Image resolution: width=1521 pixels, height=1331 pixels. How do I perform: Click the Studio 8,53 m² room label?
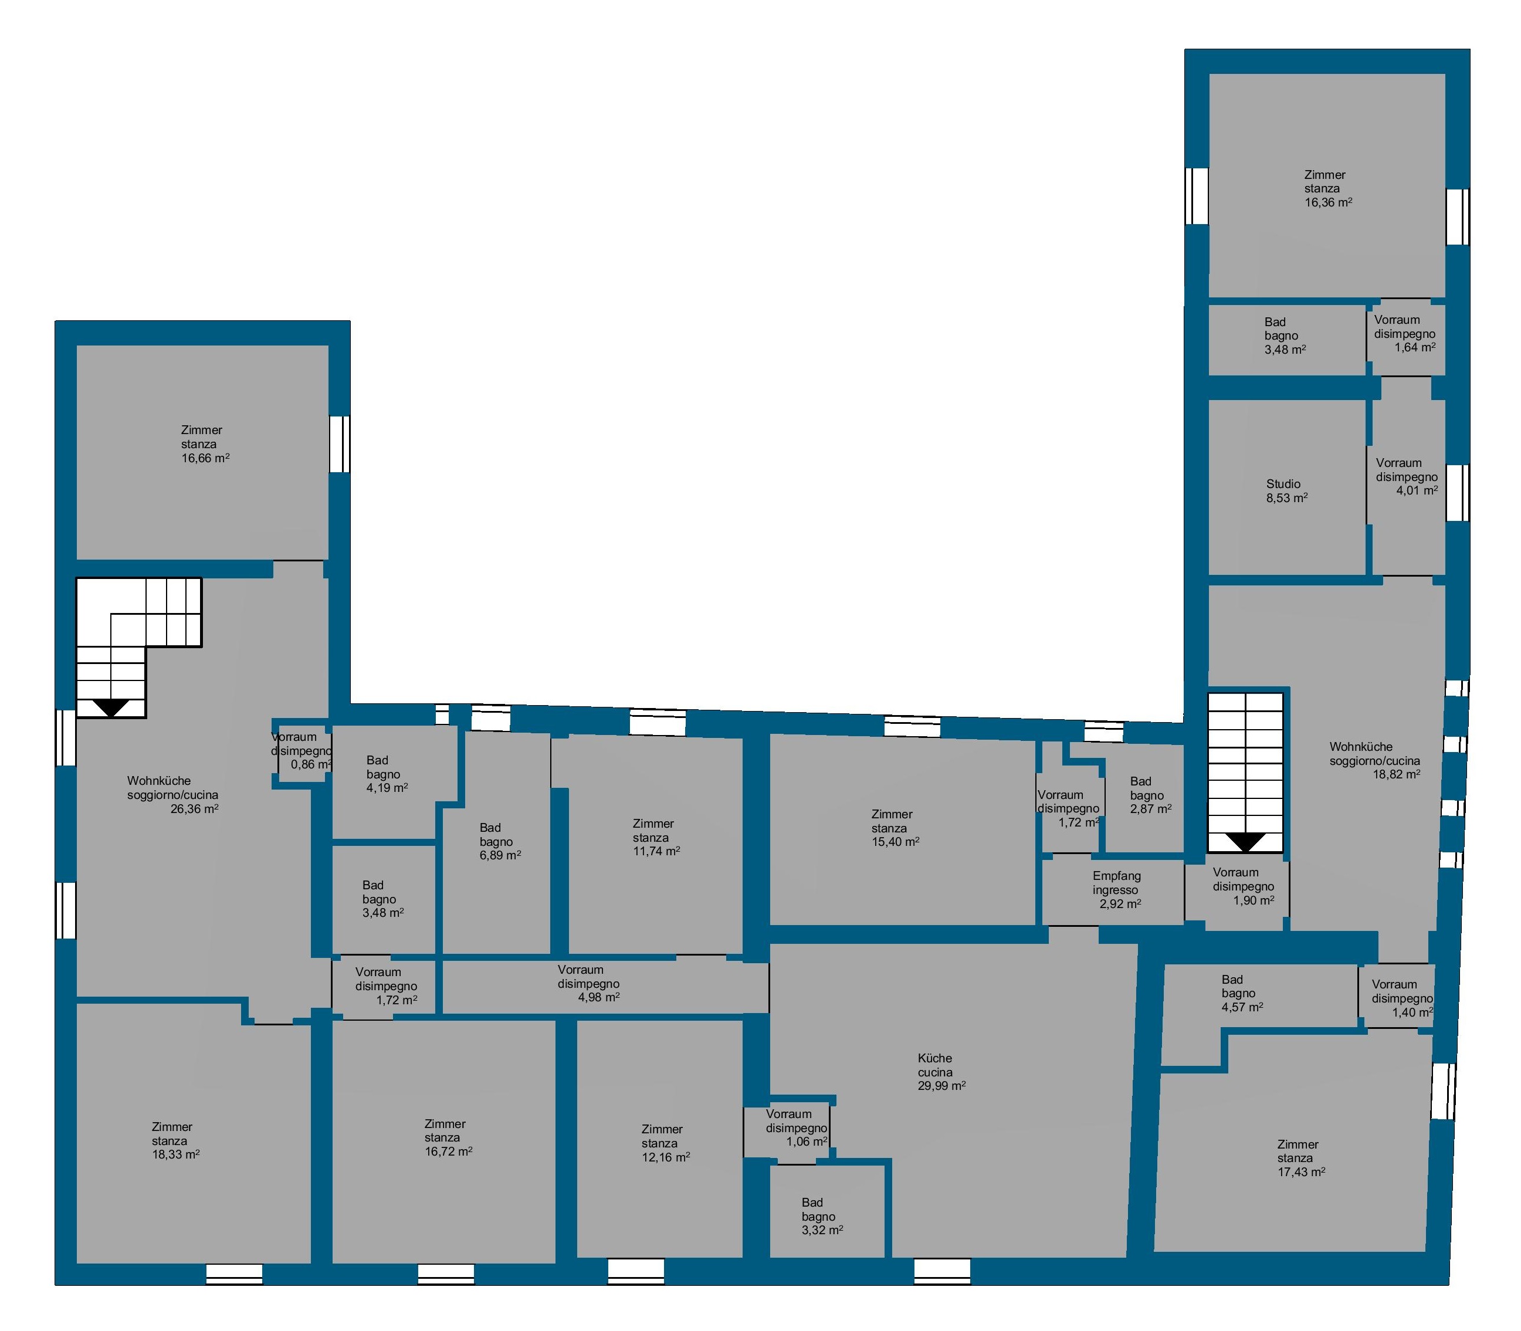pos(1287,491)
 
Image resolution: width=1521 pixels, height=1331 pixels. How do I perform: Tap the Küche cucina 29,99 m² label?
pos(941,1072)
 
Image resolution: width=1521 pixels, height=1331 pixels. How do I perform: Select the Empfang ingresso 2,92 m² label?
pos(1117,890)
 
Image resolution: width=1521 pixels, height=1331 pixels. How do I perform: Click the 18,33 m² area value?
pos(176,1154)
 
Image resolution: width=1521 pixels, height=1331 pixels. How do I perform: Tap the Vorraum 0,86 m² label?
pos(302,751)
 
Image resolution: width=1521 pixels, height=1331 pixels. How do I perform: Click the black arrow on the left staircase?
pos(111,707)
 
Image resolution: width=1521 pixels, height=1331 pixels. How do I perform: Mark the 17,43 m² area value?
pos(1301,1172)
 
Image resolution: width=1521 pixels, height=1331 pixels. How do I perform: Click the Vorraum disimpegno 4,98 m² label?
pos(589,983)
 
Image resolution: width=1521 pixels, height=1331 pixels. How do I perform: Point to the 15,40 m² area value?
pos(896,842)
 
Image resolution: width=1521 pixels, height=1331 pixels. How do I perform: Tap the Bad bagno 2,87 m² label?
pos(1150,795)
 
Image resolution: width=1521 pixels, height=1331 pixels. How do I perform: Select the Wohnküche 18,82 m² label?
pos(1375,760)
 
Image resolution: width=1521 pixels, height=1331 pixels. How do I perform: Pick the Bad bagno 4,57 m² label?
pos(1242,993)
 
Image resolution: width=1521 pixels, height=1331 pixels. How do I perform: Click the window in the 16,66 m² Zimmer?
pos(340,443)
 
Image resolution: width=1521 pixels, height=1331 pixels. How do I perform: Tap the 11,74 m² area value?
pos(656,851)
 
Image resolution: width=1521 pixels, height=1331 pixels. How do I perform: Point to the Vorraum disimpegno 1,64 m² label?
pos(1404,334)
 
